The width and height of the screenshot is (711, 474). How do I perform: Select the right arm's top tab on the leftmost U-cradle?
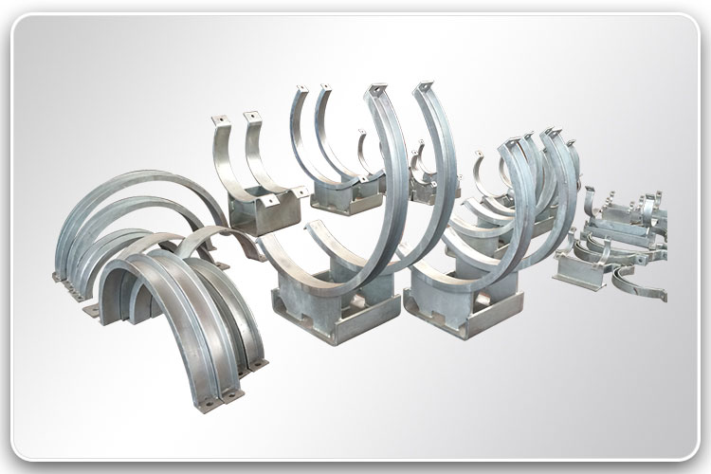(252, 117)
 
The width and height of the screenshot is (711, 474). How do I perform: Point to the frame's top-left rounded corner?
(21, 21)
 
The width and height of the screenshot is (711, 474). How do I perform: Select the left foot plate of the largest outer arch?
(63, 275)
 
